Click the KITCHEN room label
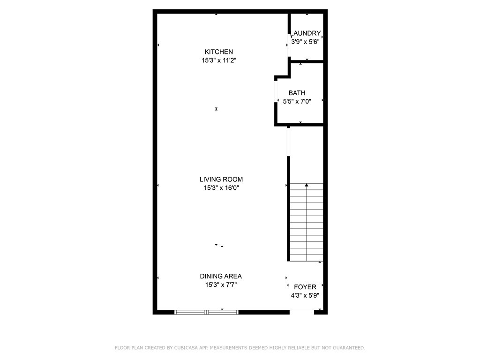click(218, 52)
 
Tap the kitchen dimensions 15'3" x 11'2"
click(219, 60)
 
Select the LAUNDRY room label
click(306, 33)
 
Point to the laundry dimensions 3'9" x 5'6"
click(305, 42)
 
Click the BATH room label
click(297, 93)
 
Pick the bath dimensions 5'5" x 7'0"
click(297, 101)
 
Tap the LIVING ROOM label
click(221, 180)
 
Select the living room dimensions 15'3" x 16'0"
click(221, 188)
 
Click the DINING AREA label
click(221, 276)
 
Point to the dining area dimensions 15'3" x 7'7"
click(221, 285)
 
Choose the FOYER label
click(305, 287)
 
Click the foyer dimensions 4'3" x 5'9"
click(305, 295)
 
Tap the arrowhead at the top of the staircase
click(307, 185)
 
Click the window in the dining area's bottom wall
click(206, 312)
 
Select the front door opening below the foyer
click(302, 312)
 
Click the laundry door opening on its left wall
click(289, 45)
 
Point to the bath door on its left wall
click(276, 91)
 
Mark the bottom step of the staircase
click(307, 258)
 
